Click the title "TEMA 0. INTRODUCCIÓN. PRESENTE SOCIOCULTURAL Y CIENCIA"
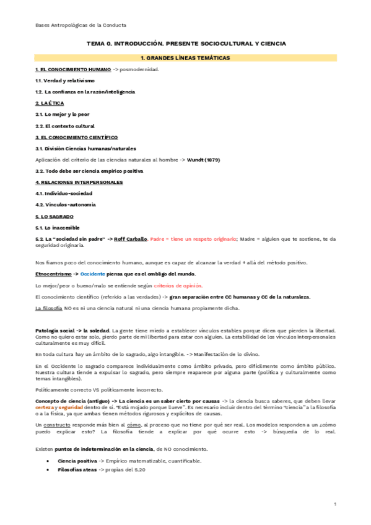pos(186,44)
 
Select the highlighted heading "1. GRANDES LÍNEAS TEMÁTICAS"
pos(185,58)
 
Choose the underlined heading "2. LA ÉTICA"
pos(50,103)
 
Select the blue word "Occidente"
pos(94,274)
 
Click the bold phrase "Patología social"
pos(56,331)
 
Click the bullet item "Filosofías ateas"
pos(81,471)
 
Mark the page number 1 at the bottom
pos(334,505)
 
